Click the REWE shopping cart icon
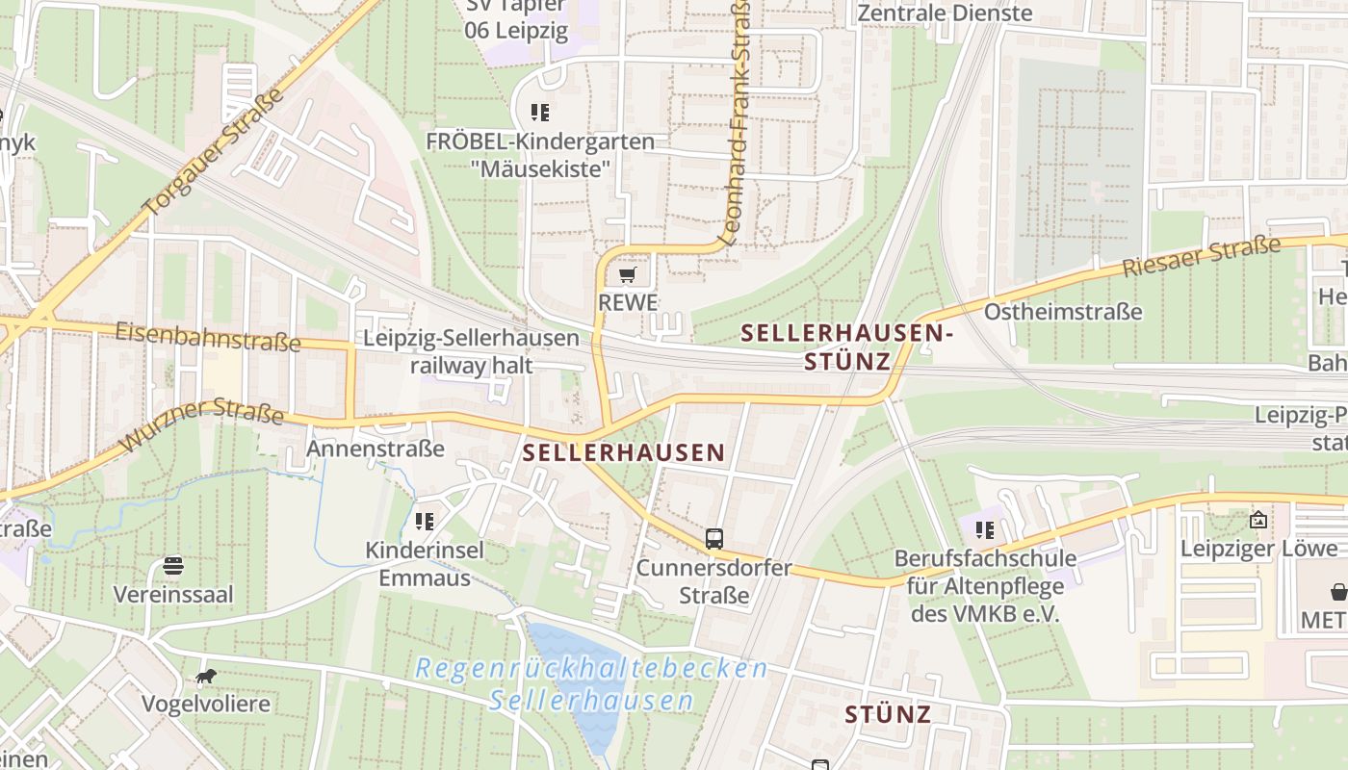click(627, 276)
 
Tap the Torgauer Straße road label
click(214, 152)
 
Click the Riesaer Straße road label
click(1202, 257)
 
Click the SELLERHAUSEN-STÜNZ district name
click(846, 347)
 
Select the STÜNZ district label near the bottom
click(888, 714)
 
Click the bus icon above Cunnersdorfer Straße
click(713, 538)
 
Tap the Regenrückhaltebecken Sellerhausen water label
click(591, 683)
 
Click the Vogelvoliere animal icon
click(205, 677)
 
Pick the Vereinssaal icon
click(173, 565)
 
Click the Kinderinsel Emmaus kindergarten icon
click(425, 522)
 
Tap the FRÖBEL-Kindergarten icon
click(540, 113)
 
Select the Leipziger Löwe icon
click(1258, 520)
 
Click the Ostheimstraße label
click(1063, 312)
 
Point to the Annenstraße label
click(376, 449)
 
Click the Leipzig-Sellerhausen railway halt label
click(471, 351)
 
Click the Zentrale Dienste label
click(945, 13)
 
